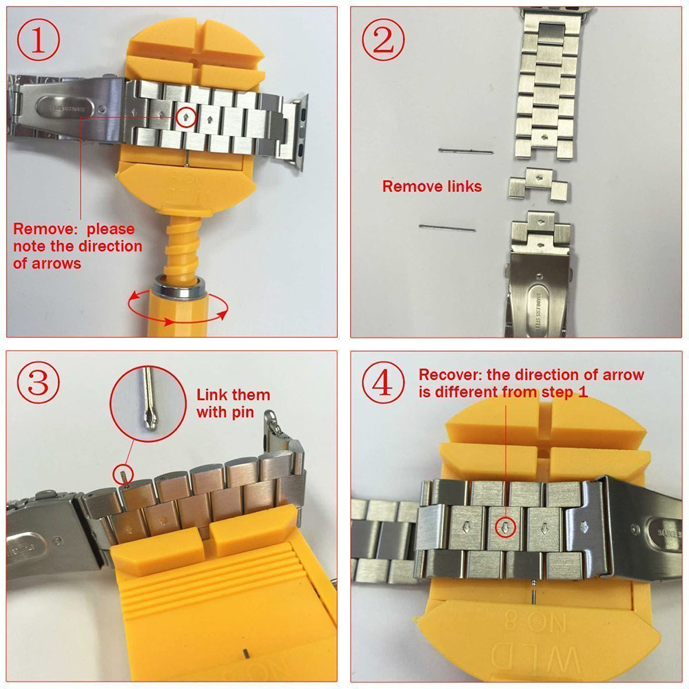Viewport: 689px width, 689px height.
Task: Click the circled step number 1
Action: tap(39, 41)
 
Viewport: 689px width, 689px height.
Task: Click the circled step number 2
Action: tap(382, 41)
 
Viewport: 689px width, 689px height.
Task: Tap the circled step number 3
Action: tap(39, 383)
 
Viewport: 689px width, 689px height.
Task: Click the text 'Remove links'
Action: tap(432, 186)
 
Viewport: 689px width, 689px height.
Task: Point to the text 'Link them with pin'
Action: tap(233, 404)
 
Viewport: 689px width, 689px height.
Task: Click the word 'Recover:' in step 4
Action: tap(451, 376)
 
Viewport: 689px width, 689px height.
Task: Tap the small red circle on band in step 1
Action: tap(185, 117)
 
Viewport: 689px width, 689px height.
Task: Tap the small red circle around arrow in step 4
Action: tap(506, 527)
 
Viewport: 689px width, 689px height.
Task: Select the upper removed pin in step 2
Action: tap(466, 151)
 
